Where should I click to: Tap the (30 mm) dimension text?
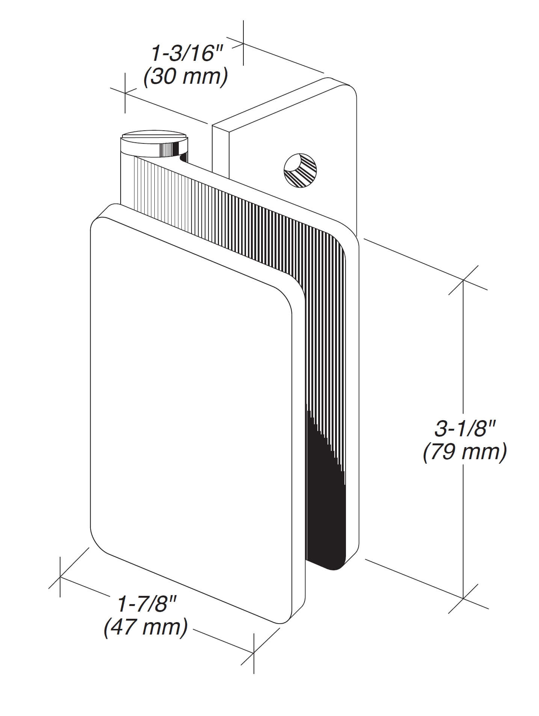click(186, 77)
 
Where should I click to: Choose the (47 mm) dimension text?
click(146, 628)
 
